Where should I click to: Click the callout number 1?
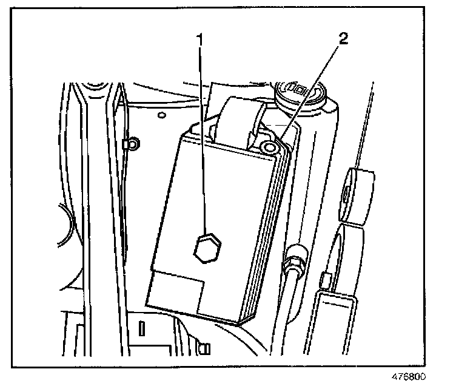[200, 41]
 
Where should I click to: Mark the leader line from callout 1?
[203, 140]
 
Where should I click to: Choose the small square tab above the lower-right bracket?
[324, 279]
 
